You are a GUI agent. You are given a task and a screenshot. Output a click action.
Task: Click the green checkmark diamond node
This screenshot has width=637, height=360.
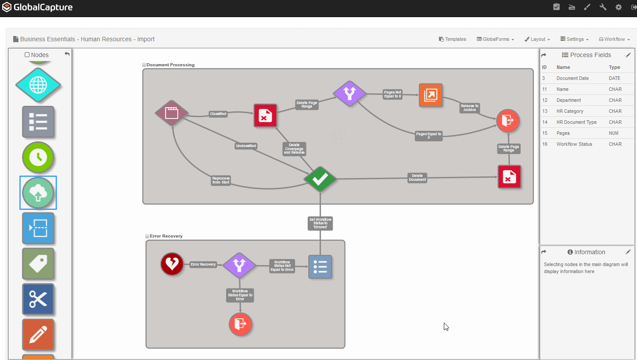[320, 179]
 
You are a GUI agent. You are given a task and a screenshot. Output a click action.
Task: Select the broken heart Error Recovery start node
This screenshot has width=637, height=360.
[172, 264]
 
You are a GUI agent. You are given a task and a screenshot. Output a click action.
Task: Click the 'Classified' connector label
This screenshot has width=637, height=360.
[218, 114]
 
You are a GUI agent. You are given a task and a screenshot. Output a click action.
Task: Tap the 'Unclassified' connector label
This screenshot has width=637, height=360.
[246, 146]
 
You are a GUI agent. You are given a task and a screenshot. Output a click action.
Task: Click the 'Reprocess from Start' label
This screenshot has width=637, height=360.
[221, 180]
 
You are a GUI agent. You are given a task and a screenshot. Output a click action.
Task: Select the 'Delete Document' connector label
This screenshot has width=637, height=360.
[417, 178]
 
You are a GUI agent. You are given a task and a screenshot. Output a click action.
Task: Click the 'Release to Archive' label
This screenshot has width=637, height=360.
[469, 108]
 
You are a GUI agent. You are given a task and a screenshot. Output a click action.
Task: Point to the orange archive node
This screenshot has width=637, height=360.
[430, 95]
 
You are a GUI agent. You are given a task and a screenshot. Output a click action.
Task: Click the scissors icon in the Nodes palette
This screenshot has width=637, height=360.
[38, 299]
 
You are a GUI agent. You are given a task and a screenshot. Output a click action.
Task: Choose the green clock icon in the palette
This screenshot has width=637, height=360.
[38, 157]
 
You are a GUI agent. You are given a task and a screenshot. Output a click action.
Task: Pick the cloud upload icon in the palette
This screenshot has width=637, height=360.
[38, 193]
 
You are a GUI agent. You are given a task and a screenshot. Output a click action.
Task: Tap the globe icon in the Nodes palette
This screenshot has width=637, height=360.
[38, 85]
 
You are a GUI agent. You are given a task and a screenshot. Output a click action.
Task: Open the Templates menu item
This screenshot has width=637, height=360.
[453, 39]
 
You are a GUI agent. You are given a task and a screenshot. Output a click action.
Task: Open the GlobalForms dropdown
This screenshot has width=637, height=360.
[496, 39]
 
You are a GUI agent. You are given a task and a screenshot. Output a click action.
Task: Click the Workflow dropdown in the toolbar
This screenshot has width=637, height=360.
[615, 39]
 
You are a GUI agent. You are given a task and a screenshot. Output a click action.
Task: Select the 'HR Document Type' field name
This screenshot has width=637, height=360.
[576, 122]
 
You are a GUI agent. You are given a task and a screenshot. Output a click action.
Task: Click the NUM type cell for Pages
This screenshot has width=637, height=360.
[614, 133]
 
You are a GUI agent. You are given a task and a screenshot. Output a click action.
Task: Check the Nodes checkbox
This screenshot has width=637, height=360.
[27, 55]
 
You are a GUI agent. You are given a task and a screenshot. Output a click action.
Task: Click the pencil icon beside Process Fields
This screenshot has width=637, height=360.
[628, 55]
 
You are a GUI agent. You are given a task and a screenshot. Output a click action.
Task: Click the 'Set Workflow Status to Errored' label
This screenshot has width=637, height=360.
[320, 223]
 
